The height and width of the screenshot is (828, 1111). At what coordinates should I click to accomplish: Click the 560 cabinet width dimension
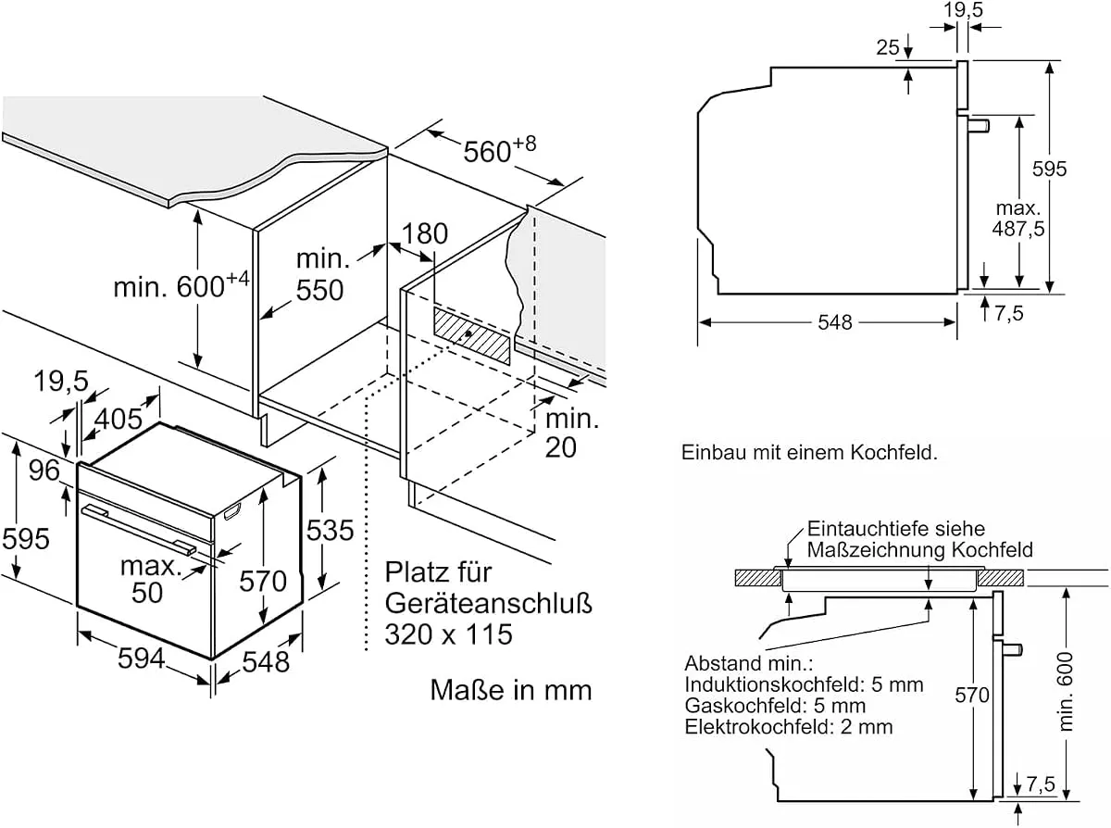tap(499, 149)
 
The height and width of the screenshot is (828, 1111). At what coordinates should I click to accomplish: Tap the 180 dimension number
tap(425, 233)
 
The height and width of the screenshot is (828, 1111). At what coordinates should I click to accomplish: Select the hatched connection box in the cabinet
tap(472, 335)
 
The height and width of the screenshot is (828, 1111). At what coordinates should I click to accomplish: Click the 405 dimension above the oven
tap(119, 419)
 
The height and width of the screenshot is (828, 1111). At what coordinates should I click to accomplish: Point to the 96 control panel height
tap(44, 470)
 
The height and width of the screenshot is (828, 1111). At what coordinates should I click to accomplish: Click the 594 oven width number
tap(142, 659)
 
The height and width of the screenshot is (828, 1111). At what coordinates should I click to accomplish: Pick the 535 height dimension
tap(330, 530)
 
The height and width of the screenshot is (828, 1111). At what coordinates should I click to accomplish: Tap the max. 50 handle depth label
tap(149, 580)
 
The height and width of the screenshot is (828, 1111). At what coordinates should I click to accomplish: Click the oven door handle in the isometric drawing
tap(138, 529)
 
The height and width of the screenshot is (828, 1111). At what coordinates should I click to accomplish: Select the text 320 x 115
tap(448, 634)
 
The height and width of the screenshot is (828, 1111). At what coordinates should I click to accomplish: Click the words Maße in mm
tap(511, 690)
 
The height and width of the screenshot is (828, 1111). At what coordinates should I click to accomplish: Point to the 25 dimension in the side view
tap(888, 47)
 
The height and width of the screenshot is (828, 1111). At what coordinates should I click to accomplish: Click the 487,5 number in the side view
tap(1018, 229)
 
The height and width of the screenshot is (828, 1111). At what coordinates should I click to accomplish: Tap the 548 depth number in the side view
tap(835, 322)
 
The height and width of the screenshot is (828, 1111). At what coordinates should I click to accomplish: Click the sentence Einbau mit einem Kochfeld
tap(809, 453)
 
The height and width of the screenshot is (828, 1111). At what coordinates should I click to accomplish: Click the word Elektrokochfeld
tap(759, 727)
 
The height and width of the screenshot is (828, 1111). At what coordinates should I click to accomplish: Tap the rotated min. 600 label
tap(1066, 692)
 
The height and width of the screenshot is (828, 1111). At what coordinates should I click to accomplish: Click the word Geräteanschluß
tap(489, 603)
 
